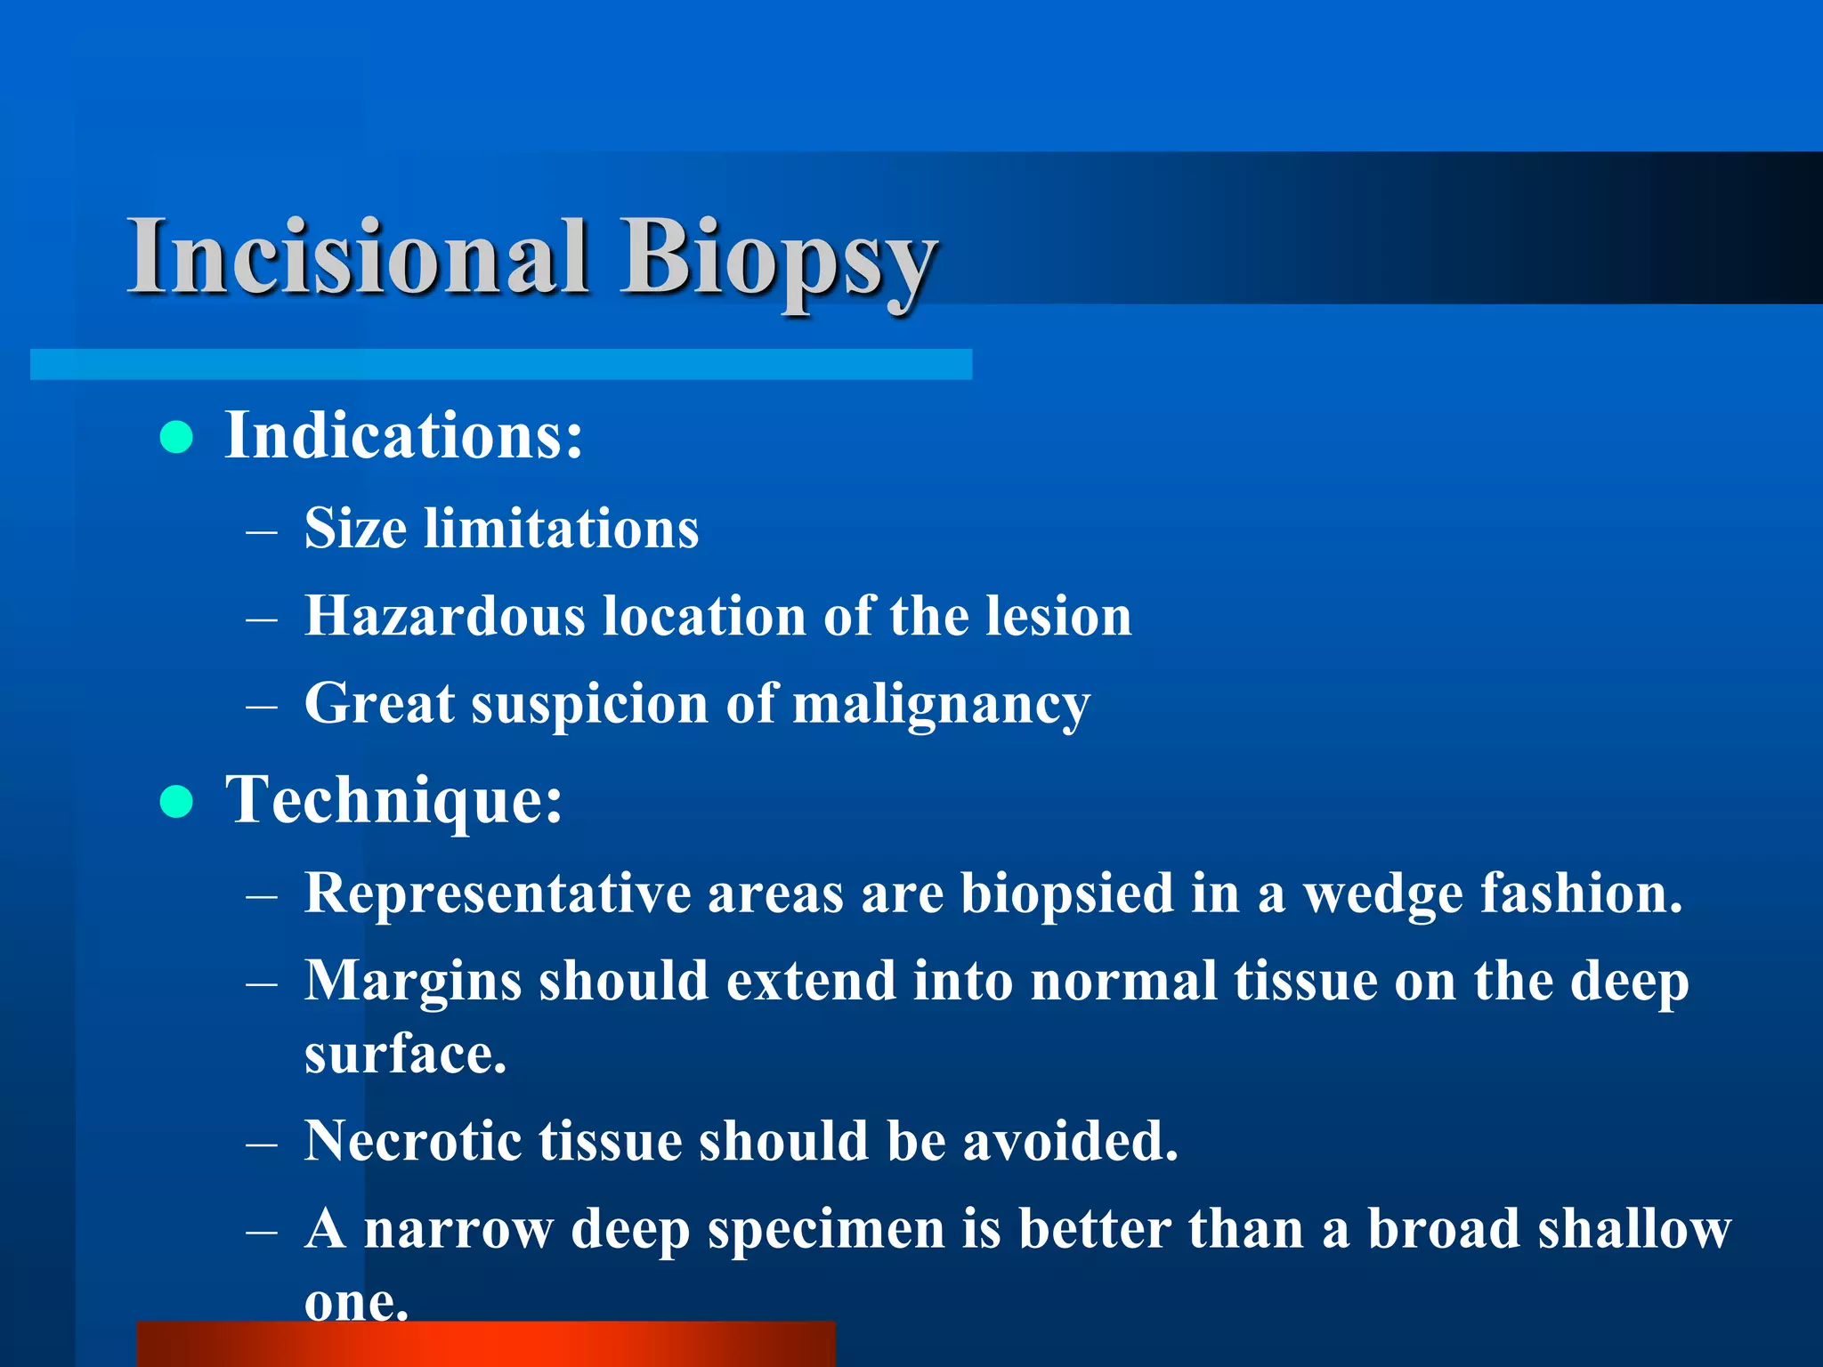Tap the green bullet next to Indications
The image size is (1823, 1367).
(176, 437)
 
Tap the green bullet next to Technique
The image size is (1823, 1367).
(176, 801)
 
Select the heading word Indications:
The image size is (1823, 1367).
(403, 436)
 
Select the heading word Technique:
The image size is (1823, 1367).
(394, 800)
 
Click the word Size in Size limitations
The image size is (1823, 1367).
(355, 529)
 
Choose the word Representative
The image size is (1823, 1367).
(498, 894)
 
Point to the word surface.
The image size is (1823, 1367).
(405, 1055)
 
